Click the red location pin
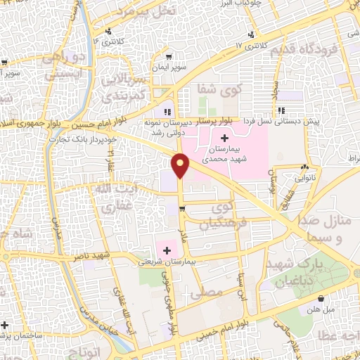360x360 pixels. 181,165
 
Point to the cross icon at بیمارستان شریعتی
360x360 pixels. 166,250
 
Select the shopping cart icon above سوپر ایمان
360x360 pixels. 168,57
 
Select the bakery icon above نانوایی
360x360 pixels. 304,168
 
